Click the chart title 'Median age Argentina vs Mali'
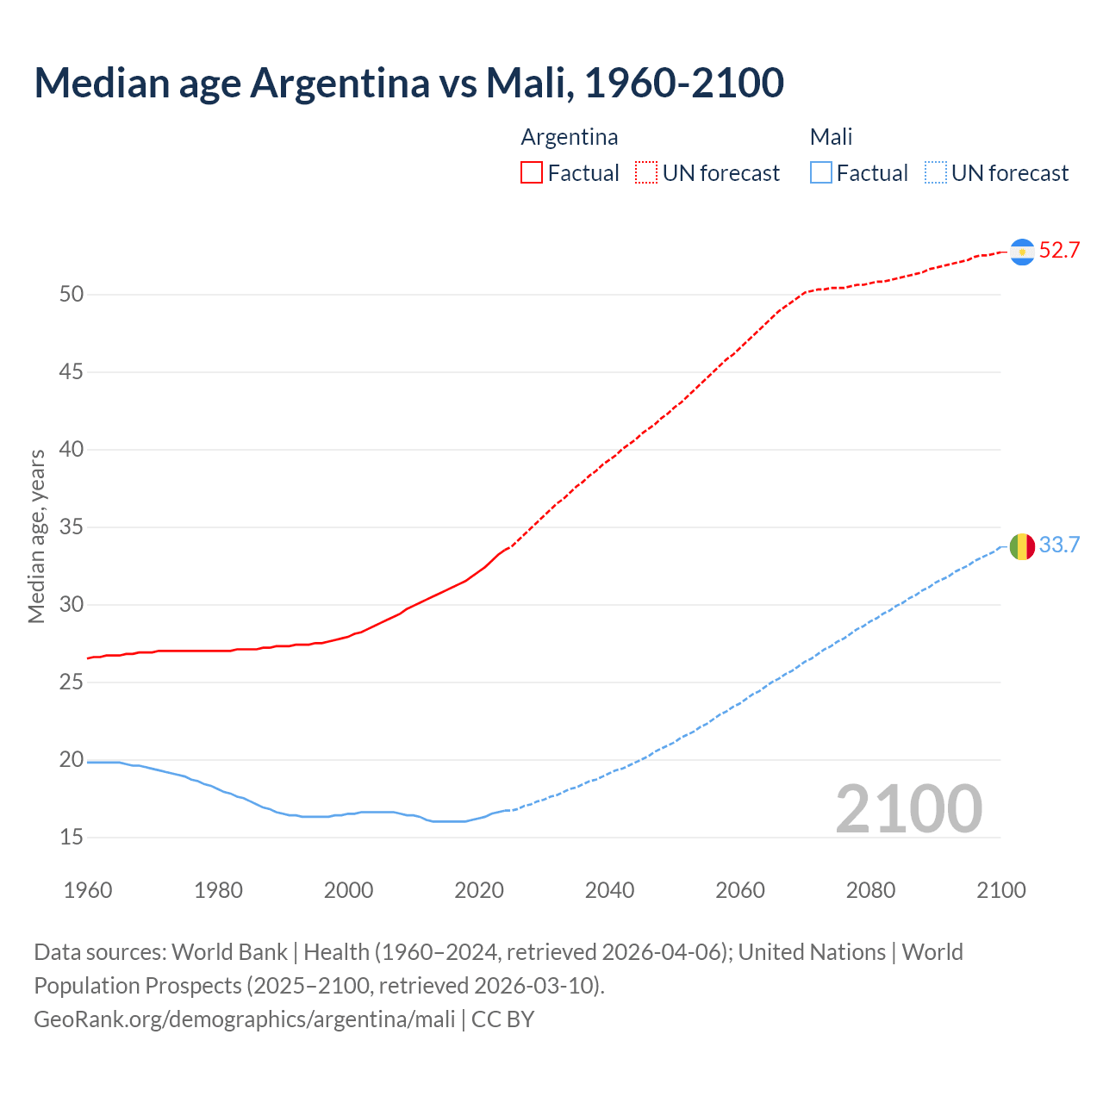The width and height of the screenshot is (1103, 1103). pyautogui.click(x=408, y=83)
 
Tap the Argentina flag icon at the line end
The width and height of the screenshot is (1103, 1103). pyautogui.click(x=1022, y=251)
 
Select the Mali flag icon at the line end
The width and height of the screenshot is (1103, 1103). pyautogui.click(x=1022, y=545)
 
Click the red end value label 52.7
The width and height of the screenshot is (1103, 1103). pyautogui.click(x=1059, y=251)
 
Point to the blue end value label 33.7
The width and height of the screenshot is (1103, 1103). pyautogui.click(x=1059, y=545)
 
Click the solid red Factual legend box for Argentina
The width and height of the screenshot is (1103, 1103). pyautogui.click(x=532, y=173)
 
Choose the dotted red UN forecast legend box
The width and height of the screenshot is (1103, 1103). pyautogui.click(x=646, y=173)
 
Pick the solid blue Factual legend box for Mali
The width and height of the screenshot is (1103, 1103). pyautogui.click(x=820, y=173)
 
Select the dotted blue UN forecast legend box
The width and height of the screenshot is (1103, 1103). pyautogui.click(x=935, y=173)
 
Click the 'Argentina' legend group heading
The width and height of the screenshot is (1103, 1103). pyautogui.click(x=569, y=137)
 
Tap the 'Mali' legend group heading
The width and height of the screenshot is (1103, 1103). pyautogui.click(x=831, y=137)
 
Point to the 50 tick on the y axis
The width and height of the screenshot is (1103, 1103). pyautogui.click(x=72, y=295)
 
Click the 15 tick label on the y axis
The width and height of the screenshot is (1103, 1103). pyautogui.click(x=72, y=838)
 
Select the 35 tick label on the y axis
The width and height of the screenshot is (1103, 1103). pyautogui.click(x=72, y=527)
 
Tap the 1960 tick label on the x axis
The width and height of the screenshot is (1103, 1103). pyautogui.click(x=88, y=890)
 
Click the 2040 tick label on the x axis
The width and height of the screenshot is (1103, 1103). pyautogui.click(x=609, y=890)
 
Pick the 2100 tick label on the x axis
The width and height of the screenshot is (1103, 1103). pyautogui.click(x=1000, y=890)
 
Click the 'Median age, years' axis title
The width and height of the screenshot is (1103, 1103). pyautogui.click(x=36, y=536)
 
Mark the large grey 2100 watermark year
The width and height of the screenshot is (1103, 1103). pyautogui.click(x=908, y=809)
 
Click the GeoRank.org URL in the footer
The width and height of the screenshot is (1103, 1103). pyautogui.click(x=244, y=1019)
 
